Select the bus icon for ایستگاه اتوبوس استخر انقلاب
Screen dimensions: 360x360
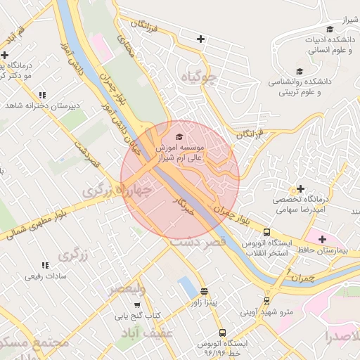pos(266,232)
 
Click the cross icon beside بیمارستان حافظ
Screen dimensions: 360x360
pos(322,239)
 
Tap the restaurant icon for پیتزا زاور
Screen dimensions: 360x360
pos(204,290)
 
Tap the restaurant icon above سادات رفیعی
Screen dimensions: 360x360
pos(45,265)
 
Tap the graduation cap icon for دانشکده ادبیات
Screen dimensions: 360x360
pos(311,29)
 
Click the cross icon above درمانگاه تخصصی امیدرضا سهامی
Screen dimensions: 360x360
pos(301,188)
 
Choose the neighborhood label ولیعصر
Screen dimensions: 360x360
pos(127,289)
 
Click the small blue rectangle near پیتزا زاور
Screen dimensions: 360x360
pos(188,287)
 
